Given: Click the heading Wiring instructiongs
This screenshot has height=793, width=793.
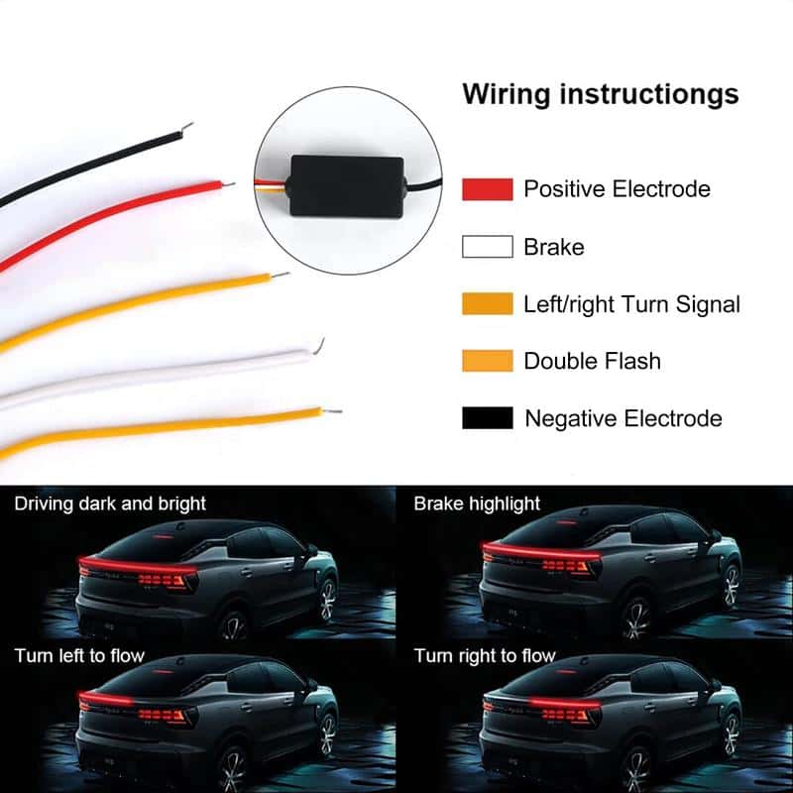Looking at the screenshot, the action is (601, 95).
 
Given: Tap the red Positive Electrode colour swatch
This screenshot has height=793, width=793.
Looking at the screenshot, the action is (487, 189).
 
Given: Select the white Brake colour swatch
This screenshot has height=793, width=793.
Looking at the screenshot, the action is (487, 247).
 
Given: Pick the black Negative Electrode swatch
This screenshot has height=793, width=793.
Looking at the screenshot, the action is (487, 418).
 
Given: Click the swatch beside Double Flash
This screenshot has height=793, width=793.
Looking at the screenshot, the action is (487, 361).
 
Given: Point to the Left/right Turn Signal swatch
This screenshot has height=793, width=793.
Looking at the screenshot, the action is (487, 304).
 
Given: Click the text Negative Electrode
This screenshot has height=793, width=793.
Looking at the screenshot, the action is (623, 418).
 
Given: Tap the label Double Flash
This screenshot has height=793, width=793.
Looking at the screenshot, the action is (592, 361).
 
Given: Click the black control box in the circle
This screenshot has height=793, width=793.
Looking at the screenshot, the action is (348, 186).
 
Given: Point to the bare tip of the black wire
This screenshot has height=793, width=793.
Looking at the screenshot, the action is (187, 127).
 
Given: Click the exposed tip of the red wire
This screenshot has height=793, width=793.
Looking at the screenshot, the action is (228, 184).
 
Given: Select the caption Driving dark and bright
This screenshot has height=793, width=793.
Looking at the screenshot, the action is (110, 504).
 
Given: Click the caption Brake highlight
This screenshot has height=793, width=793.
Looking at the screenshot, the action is (477, 504).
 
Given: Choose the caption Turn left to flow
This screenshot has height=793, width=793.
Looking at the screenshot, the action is (79, 656).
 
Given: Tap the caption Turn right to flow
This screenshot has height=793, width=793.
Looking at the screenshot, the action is (485, 656).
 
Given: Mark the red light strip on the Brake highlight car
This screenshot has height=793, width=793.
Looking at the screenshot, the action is (541, 551).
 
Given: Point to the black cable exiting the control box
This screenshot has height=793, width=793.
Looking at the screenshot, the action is (425, 185).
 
